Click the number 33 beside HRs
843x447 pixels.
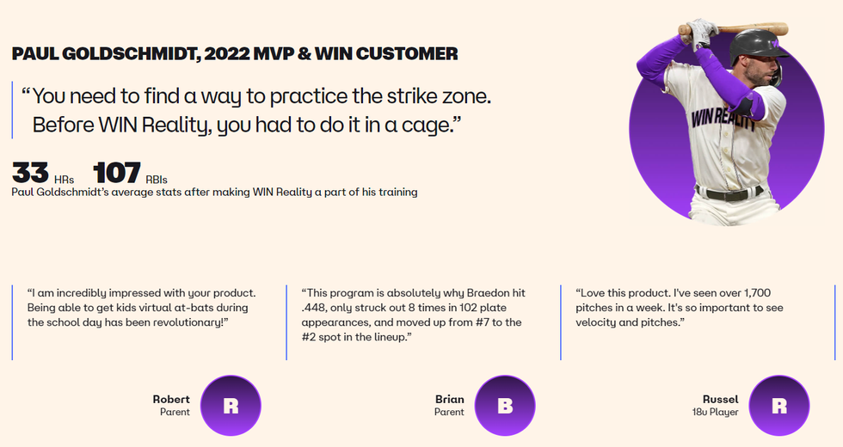click(30, 173)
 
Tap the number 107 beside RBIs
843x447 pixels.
click(117, 173)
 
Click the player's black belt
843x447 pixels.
click(729, 193)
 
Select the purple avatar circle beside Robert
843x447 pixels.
click(231, 406)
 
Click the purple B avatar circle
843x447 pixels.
click(505, 406)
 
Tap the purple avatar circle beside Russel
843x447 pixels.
click(779, 406)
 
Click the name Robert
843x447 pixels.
click(171, 399)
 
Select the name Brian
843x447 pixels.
click(449, 399)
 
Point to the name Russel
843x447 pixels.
click(721, 399)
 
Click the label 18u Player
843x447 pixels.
click(715, 412)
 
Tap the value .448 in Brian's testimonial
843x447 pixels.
click(313, 308)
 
